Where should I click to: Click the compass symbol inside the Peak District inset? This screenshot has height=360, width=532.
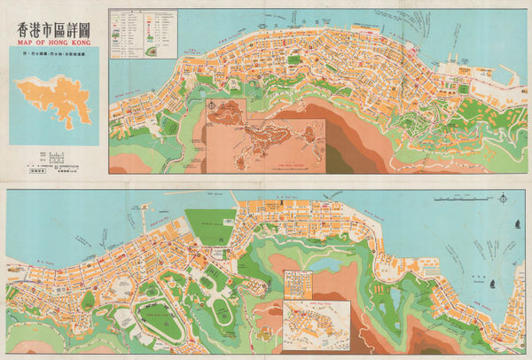215,110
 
